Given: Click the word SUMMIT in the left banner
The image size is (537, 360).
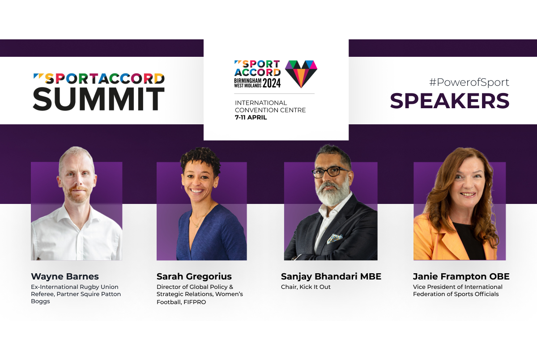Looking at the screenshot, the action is [x=98, y=99].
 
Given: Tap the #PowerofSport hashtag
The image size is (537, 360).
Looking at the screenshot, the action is [x=469, y=82].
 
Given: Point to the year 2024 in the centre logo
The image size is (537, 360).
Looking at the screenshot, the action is [x=272, y=83].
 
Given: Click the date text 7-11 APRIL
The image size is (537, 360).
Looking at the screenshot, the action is [x=251, y=117].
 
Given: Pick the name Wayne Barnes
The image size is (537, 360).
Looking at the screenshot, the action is [x=65, y=276].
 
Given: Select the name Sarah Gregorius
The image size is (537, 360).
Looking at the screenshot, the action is [x=194, y=276].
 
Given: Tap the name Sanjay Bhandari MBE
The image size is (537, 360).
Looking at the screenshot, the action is [x=331, y=276].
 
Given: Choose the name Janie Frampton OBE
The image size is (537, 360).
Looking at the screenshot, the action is [x=461, y=276].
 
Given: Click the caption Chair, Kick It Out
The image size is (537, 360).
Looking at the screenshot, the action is [x=306, y=287].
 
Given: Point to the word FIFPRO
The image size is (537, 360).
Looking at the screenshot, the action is [x=195, y=302].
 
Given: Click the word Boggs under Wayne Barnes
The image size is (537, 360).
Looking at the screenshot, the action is [x=41, y=301].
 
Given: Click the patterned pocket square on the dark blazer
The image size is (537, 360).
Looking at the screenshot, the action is [x=335, y=238].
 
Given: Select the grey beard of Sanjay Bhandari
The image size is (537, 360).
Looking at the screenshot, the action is [x=332, y=194].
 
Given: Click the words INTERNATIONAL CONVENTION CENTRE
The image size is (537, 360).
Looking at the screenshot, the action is [x=270, y=106].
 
